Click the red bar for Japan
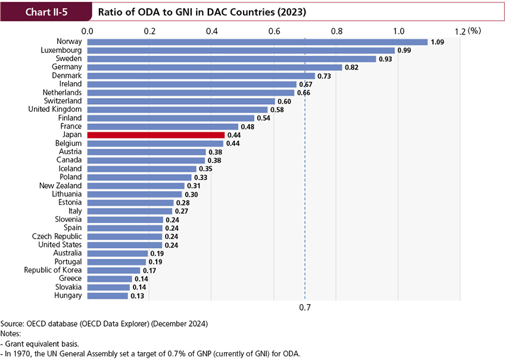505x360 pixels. (155, 135)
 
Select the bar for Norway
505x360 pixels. (257, 42)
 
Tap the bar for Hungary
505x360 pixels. (107, 295)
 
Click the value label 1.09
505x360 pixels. (438, 42)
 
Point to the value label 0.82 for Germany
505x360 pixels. (352, 67)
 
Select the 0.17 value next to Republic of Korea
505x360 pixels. (149, 270)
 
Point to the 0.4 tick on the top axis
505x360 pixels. (212, 31)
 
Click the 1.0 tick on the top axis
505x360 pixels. (398, 31)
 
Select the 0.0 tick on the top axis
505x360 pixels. (88, 31)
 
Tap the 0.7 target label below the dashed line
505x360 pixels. (305, 308)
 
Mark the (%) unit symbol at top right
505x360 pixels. (474, 30)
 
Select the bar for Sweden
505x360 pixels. (232, 59)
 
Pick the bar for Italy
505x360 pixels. (129, 211)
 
